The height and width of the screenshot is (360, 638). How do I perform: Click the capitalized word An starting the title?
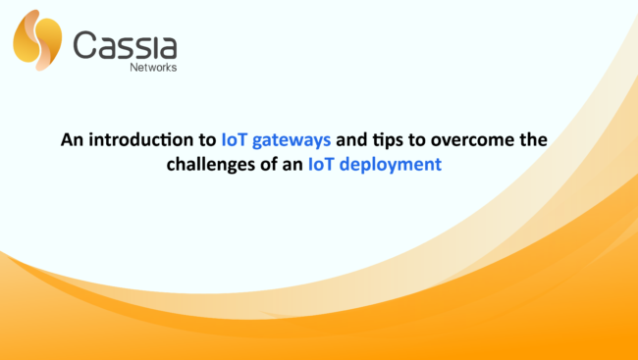(72, 140)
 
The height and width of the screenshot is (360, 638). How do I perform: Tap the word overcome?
(476, 140)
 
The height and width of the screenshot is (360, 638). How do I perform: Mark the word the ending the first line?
(533, 140)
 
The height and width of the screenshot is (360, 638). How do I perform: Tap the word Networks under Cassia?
(154, 69)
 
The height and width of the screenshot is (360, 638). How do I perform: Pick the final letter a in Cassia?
(167, 47)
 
